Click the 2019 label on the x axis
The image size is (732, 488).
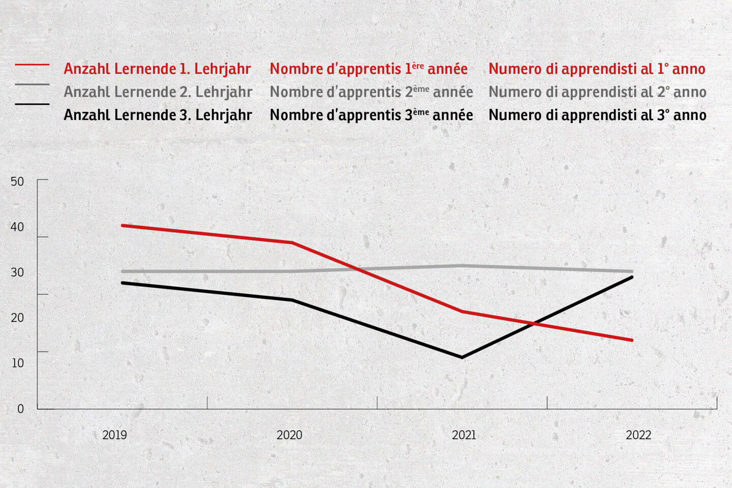pos(114,435)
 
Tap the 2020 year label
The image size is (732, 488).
pos(289,435)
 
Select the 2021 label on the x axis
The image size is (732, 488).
pos(464,435)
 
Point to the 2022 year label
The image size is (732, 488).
pos(638,435)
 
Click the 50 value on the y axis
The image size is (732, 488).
pos(17,181)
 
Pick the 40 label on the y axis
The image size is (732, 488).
pos(17,227)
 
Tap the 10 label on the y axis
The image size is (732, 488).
pos(17,363)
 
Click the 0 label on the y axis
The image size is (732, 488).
pos(20,409)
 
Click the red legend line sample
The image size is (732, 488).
pos(32,65)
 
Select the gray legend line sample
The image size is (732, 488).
pos(32,84)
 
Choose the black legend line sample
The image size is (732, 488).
pos(32,104)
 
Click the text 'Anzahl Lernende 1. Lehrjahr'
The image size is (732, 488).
pos(157,69)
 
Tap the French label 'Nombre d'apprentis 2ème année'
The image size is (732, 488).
pos(371,92)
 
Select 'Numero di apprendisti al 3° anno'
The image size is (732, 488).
pos(597,115)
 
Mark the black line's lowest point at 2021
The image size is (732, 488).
pos(462,357)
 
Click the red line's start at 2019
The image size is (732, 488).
pos(123,225)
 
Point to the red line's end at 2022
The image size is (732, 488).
pos(632,340)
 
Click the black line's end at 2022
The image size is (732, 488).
pos(632,277)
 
